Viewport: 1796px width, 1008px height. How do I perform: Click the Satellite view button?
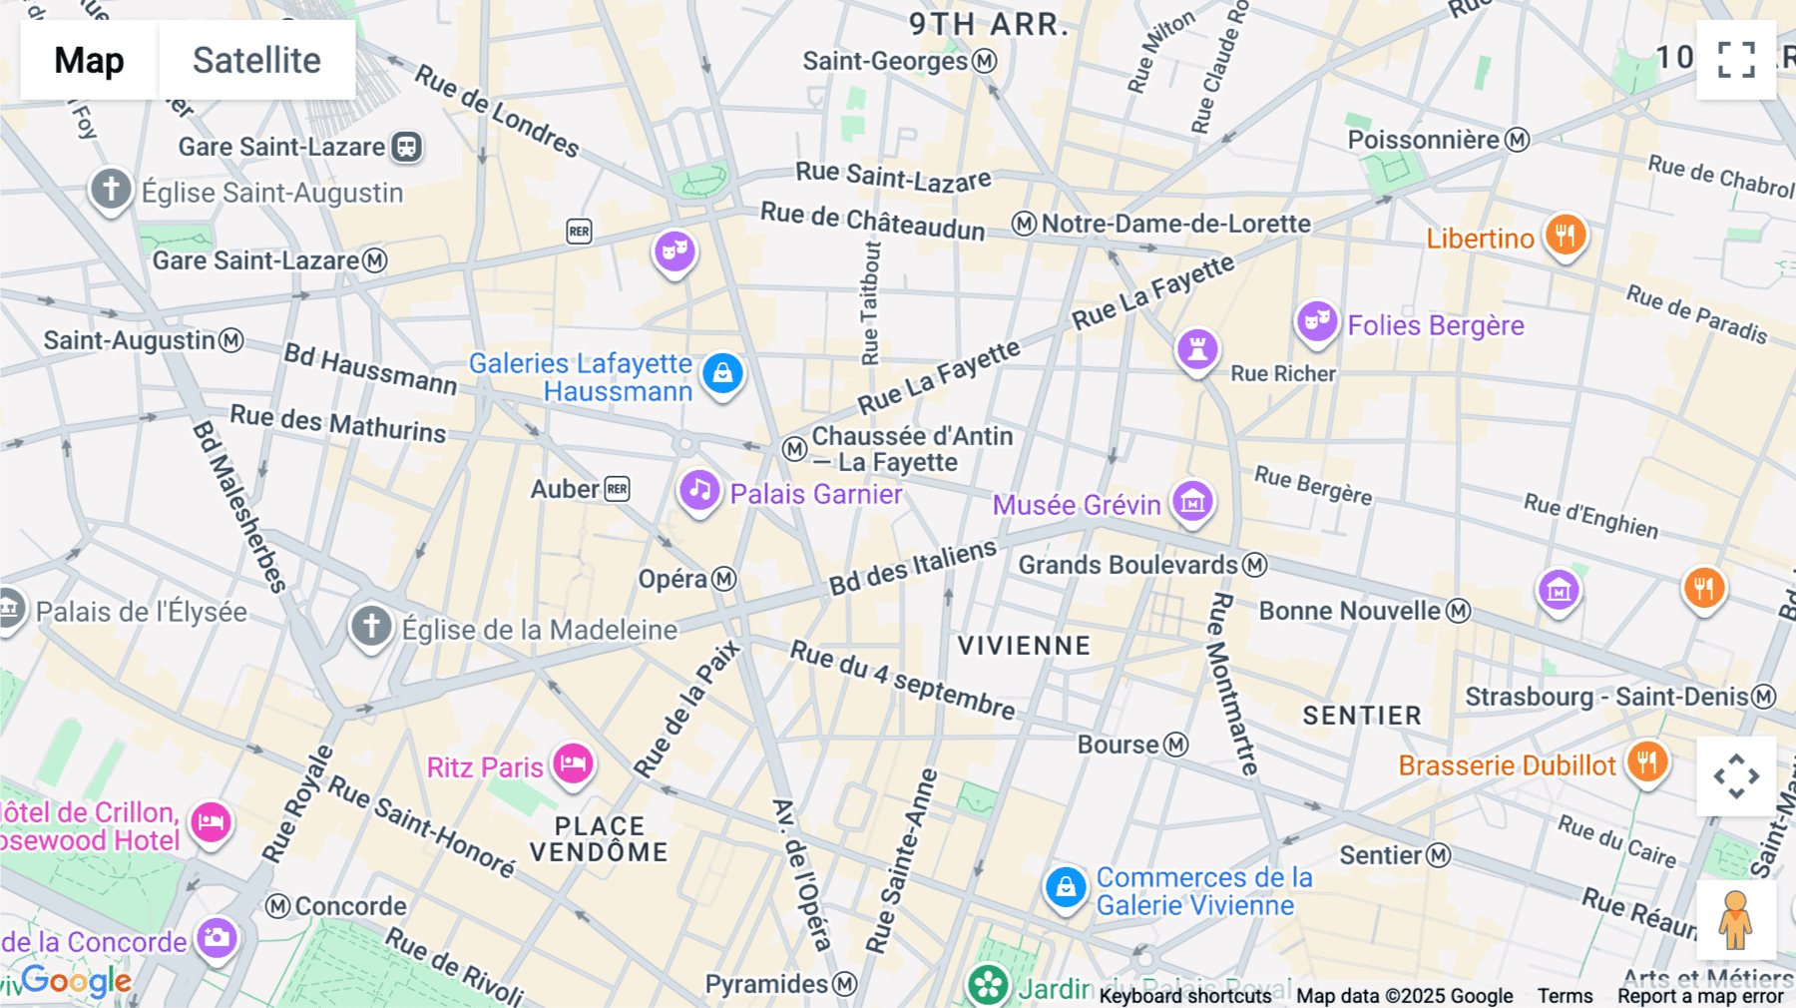(x=256, y=60)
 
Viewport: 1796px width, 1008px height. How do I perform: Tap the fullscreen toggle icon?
(x=1736, y=60)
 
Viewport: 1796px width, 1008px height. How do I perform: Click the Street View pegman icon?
(x=1736, y=919)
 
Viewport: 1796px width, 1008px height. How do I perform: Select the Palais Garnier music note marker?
(x=699, y=491)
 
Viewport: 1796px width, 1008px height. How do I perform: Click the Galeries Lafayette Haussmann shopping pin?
(x=722, y=374)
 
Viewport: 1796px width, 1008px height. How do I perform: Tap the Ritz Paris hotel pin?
(x=573, y=764)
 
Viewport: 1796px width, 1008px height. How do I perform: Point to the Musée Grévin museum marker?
(x=1192, y=502)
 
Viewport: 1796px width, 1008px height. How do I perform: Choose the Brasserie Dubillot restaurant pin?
(x=1646, y=763)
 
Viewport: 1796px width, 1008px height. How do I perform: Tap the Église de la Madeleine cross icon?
(x=371, y=627)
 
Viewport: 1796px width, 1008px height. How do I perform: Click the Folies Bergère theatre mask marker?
(x=1316, y=321)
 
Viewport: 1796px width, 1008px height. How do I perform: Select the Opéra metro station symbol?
(x=724, y=579)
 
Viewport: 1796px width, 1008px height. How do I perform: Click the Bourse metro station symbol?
(x=1176, y=745)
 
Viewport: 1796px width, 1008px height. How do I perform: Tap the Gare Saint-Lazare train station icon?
(x=406, y=147)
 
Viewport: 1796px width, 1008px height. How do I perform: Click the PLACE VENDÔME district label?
(x=599, y=839)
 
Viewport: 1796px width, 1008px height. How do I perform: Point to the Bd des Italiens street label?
(x=912, y=567)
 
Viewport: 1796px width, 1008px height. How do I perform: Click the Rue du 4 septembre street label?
(x=902, y=680)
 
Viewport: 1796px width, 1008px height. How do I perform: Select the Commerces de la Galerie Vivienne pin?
(x=1065, y=886)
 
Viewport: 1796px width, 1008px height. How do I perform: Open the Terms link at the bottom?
(x=1564, y=995)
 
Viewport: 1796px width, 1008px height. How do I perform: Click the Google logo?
(x=77, y=981)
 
